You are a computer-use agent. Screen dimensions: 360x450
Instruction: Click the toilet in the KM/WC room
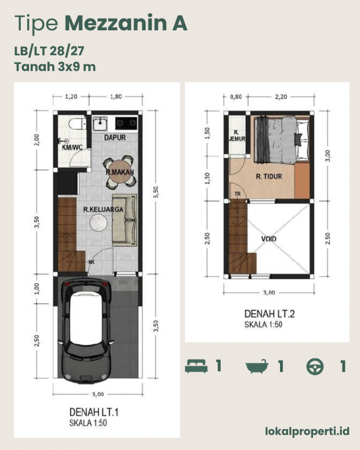click(x=77, y=124)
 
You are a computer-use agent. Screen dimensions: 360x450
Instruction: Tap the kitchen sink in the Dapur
click(x=100, y=123)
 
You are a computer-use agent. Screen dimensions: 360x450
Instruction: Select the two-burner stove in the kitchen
click(x=126, y=123)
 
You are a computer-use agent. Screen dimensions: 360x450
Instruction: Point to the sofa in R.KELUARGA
click(x=124, y=220)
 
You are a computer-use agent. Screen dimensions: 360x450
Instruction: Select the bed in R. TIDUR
click(x=282, y=140)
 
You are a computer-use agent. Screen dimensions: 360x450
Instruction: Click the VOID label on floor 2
click(x=269, y=239)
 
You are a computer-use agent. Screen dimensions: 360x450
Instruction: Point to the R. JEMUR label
click(x=237, y=136)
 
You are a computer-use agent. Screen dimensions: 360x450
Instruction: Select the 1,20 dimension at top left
click(x=71, y=97)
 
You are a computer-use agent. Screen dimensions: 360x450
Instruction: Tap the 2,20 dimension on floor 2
click(x=281, y=97)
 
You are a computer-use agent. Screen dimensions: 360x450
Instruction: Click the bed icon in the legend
click(x=196, y=366)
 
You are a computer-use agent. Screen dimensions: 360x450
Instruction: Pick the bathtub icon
click(x=257, y=366)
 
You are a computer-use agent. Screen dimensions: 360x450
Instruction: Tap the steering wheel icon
click(x=315, y=367)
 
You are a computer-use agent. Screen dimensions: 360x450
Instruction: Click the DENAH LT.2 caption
click(x=269, y=314)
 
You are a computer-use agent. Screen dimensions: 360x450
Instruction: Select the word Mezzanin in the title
click(x=116, y=23)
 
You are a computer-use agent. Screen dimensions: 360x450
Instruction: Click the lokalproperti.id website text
click(x=307, y=431)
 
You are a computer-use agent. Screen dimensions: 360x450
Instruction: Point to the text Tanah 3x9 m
click(x=55, y=67)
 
